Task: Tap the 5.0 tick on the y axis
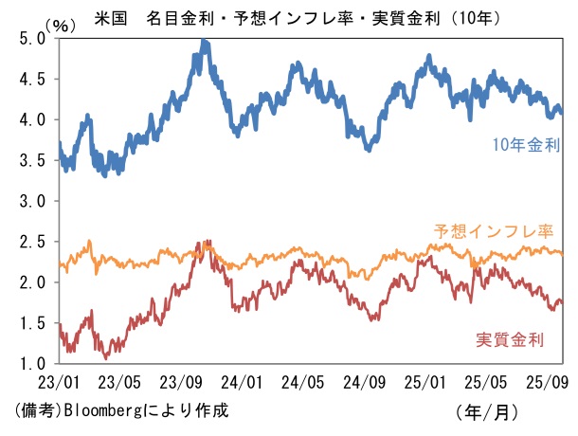click(x=32, y=39)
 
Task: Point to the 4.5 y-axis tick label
click(x=32, y=80)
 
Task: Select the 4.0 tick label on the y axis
click(x=32, y=120)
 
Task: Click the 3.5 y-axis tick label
click(x=32, y=161)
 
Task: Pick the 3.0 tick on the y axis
click(x=32, y=202)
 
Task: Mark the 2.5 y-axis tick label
click(x=32, y=242)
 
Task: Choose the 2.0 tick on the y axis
click(x=32, y=282)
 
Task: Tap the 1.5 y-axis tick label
click(x=32, y=323)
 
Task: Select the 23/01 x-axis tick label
click(x=59, y=383)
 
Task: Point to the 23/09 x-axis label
click(x=183, y=383)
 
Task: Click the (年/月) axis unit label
click(x=487, y=411)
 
